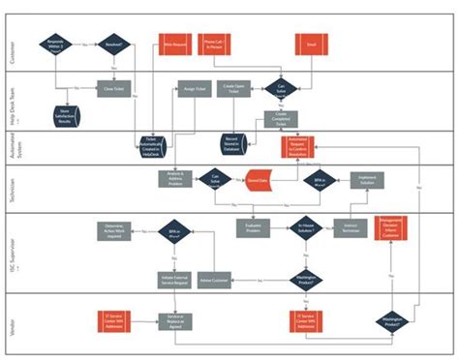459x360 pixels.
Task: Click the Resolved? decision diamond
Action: (115, 44)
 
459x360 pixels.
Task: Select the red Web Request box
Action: (174, 44)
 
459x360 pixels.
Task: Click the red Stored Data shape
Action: (258, 180)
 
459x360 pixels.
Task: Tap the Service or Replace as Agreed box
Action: (174, 318)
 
